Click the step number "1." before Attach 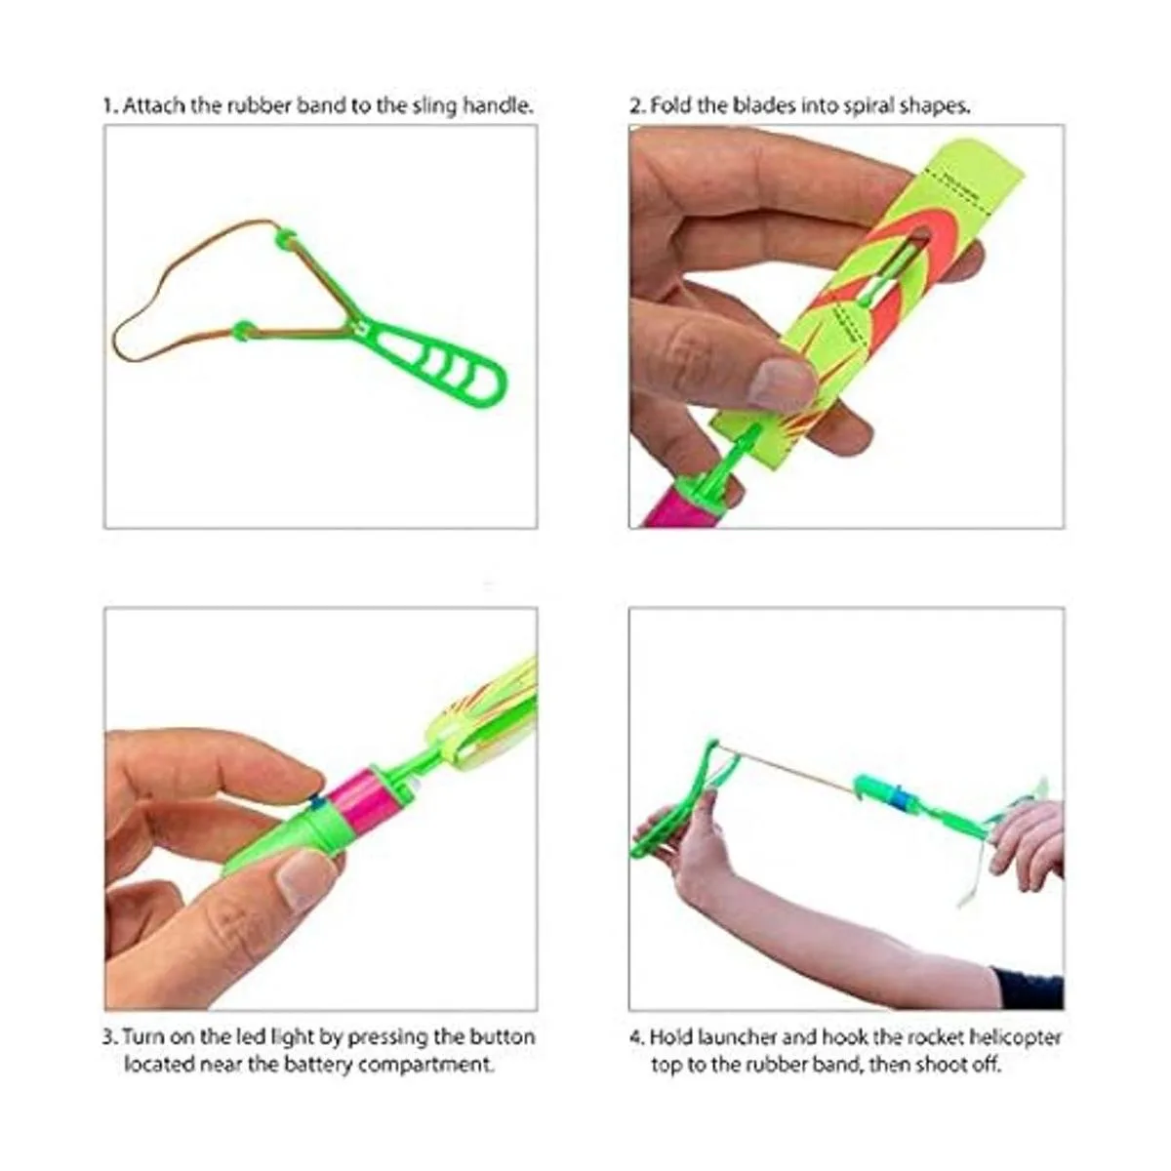pos(110,106)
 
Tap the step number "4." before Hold pos(637,1036)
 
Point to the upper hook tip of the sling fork pos(283,235)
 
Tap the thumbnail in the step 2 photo pos(782,383)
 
